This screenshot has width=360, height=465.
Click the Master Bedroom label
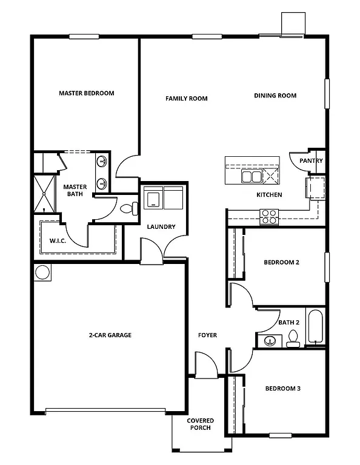coord(86,93)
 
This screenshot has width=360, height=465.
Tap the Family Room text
coord(187,98)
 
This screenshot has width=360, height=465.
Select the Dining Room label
coord(275,96)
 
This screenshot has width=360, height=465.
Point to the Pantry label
coord(311,161)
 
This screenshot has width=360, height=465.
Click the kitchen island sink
coord(251,176)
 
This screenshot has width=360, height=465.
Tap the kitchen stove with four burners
coord(269,216)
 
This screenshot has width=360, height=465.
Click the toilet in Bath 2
coord(293,339)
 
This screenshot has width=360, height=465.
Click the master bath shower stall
coord(43,194)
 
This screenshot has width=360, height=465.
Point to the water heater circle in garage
coord(43,272)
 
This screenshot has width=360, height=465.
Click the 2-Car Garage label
coord(110,335)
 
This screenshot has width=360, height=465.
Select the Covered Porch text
coord(200,424)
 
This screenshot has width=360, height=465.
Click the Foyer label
coord(207,335)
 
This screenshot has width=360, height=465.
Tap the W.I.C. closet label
coord(58,240)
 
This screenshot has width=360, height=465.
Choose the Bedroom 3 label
coord(282,388)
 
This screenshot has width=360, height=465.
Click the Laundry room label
coord(161,227)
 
